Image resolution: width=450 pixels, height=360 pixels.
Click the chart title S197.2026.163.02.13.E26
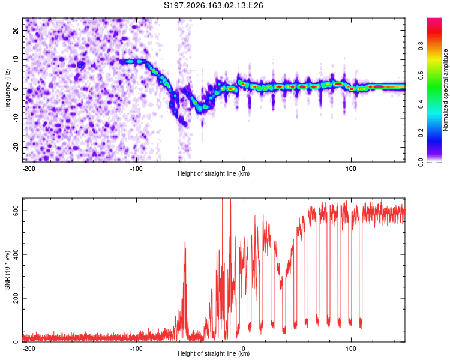[213, 5]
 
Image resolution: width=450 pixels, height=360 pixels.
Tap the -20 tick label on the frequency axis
[16, 147]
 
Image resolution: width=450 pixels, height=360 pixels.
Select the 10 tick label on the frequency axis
[16, 59]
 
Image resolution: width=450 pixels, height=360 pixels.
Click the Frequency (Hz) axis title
[7, 90]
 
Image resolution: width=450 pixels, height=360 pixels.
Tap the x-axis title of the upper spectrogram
[214, 173]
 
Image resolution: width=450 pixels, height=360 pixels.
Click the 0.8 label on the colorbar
[421, 46]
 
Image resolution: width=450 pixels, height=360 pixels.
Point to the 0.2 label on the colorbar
[421, 133]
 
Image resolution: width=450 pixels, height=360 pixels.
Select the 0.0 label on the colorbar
[421, 162]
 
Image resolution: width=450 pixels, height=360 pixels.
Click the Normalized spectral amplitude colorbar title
[445, 90]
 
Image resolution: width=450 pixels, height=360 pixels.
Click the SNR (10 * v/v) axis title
[7, 270]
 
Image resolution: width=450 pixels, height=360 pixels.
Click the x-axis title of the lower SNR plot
[214, 353]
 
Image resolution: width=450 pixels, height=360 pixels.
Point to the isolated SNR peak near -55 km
[185, 243]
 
